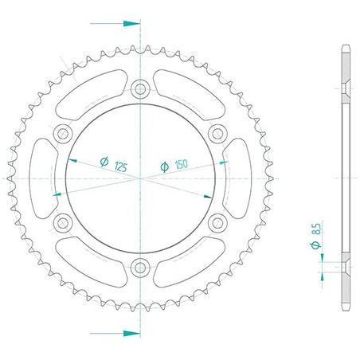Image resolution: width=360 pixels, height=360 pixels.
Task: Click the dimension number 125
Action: point(121,167)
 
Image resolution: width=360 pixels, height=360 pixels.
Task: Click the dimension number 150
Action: point(182,165)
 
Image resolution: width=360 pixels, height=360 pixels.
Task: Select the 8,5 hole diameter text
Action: point(316,229)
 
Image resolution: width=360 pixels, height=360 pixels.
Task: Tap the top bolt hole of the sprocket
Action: point(140,89)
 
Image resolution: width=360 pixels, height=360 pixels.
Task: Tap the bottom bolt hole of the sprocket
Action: point(140,268)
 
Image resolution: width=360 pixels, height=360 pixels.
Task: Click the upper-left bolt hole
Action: point(63,134)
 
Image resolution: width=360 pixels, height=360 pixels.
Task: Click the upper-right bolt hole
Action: point(217,134)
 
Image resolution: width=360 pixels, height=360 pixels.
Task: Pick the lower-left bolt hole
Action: point(63,223)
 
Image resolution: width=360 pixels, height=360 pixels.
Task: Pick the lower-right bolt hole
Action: point(217,223)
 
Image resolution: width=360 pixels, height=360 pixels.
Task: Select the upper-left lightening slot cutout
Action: point(92,95)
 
